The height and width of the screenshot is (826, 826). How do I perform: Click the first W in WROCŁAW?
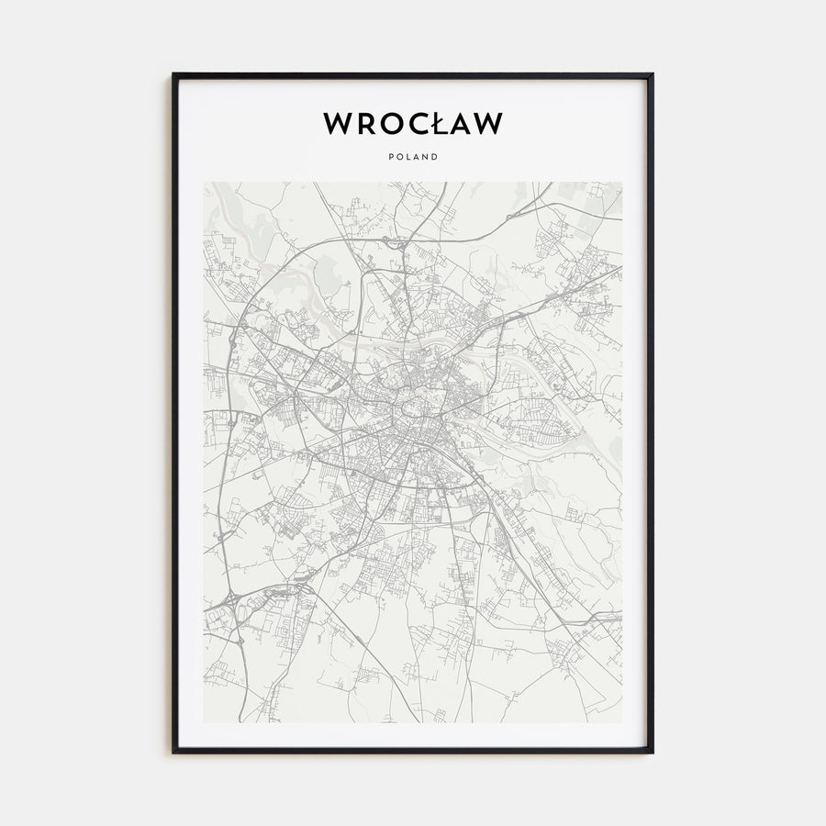point(338,124)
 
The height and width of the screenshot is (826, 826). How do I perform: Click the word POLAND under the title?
point(413,156)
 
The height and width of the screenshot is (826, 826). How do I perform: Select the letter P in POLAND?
point(391,156)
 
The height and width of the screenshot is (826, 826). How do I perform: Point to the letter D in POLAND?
point(435,156)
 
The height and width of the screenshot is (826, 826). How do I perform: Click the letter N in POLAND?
point(426,156)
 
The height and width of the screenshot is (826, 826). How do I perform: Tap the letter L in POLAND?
point(408,156)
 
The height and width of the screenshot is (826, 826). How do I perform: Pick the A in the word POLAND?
point(417,156)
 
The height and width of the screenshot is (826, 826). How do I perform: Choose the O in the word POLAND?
point(399,156)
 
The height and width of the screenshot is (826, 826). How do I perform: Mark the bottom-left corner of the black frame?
point(173,752)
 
